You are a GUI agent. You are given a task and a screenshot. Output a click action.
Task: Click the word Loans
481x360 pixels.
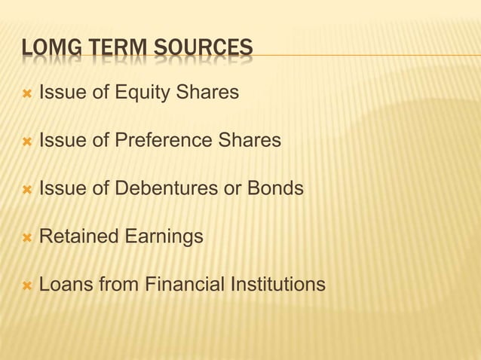tap(63, 285)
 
